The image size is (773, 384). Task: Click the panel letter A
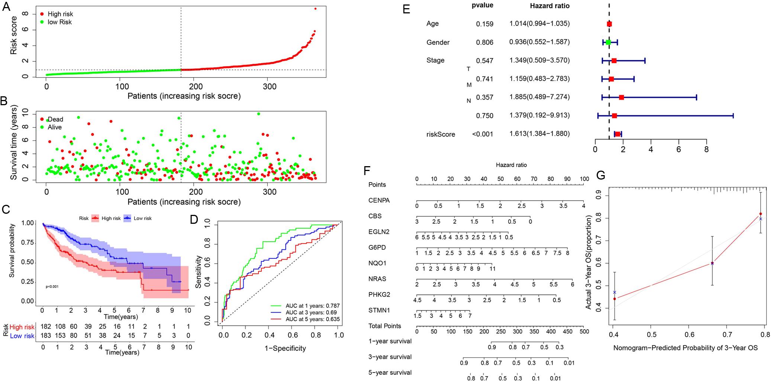pyautogui.click(x=6, y=7)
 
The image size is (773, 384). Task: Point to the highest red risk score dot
pyautogui.click(x=315, y=9)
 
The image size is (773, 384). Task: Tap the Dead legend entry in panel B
pyautogui.click(x=55, y=119)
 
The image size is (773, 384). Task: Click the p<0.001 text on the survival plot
pyautogui.click(x=52, y=287)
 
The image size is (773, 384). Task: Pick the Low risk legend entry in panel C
pyautogui.click(x=142, y=218)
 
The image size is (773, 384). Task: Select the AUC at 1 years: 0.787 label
pyautogui.click(x=312, y=306)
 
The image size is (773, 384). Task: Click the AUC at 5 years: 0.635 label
pyautogui.click(x=312, y=319)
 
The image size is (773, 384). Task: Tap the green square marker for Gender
pyautogui.click(x=608, y=42)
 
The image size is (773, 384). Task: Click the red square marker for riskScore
pyautogui.click(x=618, y=134)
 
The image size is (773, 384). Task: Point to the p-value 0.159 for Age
pyautogui.click(x=484, y=24)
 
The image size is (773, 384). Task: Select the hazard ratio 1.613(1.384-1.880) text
pyautogui.click(x=539, y=133)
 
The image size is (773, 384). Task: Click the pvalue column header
pyautogui.click(x=482, y=5)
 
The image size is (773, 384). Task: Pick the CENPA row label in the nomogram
pyautogui.click(x=379, y=200)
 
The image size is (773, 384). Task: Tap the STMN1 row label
pyautogui.click(x=379, y=310)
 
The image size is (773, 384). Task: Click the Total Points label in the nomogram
pyautogui.click(x=384, y=326)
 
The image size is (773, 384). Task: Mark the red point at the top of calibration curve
pyautogui.click(x=761, y=214)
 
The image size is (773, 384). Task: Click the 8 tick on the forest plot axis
pyautogui.click(x=706, y=150)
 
